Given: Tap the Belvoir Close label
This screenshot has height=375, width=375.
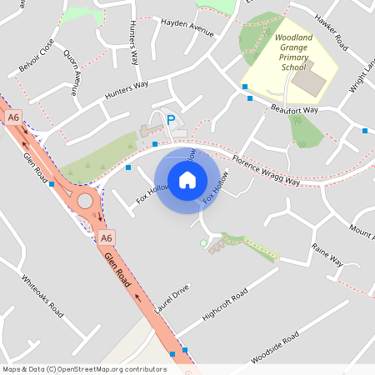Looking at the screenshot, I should coord(41,56).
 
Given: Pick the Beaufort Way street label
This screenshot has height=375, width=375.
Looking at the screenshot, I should coord(293,109).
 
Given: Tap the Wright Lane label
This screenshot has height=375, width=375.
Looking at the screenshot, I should coord(359,73).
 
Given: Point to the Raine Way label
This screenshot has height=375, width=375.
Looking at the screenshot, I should coord(327,254).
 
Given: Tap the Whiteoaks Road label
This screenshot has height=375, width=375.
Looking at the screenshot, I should coord(42,295).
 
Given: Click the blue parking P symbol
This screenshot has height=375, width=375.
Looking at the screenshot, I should coord(171,120).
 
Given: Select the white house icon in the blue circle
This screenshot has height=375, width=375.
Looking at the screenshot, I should coord(187,180).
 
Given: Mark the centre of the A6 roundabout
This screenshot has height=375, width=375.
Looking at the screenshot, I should coord(84,201).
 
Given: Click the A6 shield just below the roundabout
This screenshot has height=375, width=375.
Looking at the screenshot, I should coord(106,238).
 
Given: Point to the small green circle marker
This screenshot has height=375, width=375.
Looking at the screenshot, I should coord(202,242).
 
